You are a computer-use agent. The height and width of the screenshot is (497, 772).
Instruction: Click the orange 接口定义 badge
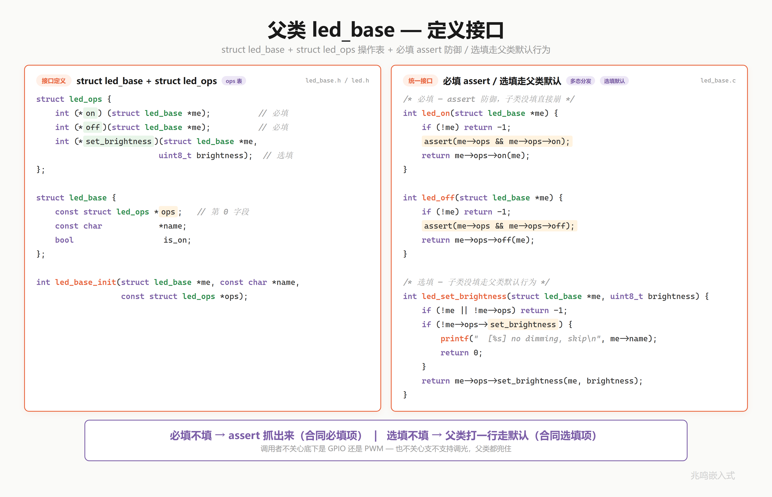click(x=53, y=81)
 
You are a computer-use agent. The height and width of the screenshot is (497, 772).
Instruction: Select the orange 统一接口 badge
click(x=420, y=81)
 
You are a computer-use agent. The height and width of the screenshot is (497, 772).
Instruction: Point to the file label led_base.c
click(x=718, y=80)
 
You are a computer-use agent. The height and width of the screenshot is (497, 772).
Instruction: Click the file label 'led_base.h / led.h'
click(x=337, y=80)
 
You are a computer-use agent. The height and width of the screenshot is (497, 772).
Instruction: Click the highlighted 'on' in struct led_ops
click(x=90, y=113)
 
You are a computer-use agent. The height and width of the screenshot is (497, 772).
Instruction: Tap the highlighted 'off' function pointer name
click(x=92, y=127)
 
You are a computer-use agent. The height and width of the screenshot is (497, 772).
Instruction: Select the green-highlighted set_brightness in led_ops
click(x=118, y=141)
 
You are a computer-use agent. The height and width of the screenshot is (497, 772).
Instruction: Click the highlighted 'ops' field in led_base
click(x=168, y=212)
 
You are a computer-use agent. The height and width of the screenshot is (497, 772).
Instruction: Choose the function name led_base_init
click(x=85, y=282)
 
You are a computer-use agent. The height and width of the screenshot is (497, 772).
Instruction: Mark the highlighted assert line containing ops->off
click(x=499, y=226)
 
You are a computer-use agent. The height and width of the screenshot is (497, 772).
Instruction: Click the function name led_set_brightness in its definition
click(x=464, y=296)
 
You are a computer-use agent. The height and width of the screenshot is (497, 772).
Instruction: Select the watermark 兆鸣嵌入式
click(x=713, y=475)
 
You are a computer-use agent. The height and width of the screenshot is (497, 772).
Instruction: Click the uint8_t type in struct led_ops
click(x=175, y=156)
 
